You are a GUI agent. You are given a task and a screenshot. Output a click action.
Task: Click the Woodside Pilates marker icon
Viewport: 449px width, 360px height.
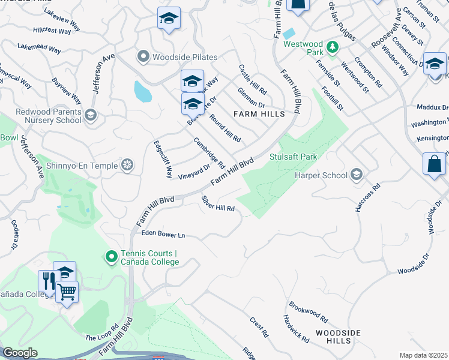(143, 57)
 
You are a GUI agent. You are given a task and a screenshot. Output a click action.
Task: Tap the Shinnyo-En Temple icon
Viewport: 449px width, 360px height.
(127, 165)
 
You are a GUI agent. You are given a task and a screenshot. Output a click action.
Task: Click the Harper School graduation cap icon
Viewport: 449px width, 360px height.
(357, 175)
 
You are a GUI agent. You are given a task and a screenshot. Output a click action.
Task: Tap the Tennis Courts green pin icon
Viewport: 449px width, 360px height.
(111, 257)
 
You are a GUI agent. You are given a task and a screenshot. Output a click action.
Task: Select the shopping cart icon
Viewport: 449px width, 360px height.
(67, 292)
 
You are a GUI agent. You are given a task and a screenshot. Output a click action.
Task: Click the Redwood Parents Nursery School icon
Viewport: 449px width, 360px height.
(90, 115)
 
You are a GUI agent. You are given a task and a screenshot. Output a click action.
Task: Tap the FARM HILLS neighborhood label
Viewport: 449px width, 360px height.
(249, 113)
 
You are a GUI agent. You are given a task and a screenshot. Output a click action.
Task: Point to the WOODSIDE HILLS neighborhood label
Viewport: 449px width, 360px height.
(338, 337)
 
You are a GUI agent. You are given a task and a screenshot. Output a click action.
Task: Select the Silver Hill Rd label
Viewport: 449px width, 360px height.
(217, 203)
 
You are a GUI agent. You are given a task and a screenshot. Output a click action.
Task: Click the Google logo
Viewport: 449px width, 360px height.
(20, 353)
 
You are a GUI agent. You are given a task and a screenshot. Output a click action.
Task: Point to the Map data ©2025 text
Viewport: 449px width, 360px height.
(424, 355)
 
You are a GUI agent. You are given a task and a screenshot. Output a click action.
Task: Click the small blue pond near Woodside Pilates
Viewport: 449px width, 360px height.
(142, 91)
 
